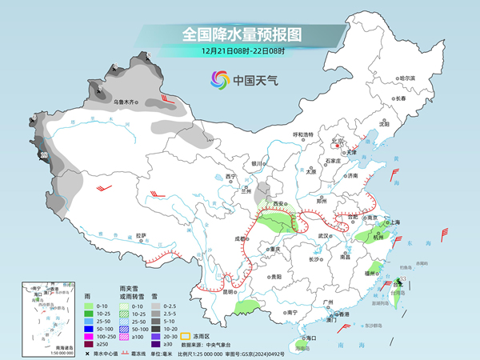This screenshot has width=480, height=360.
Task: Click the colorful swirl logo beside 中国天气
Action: [219, 79]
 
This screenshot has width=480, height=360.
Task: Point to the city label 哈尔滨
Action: [407, 78]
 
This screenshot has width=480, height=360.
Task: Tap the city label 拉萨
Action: [141, 235]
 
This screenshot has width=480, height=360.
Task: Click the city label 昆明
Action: [230, 291]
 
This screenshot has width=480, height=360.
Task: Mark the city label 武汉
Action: [323, 236]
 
